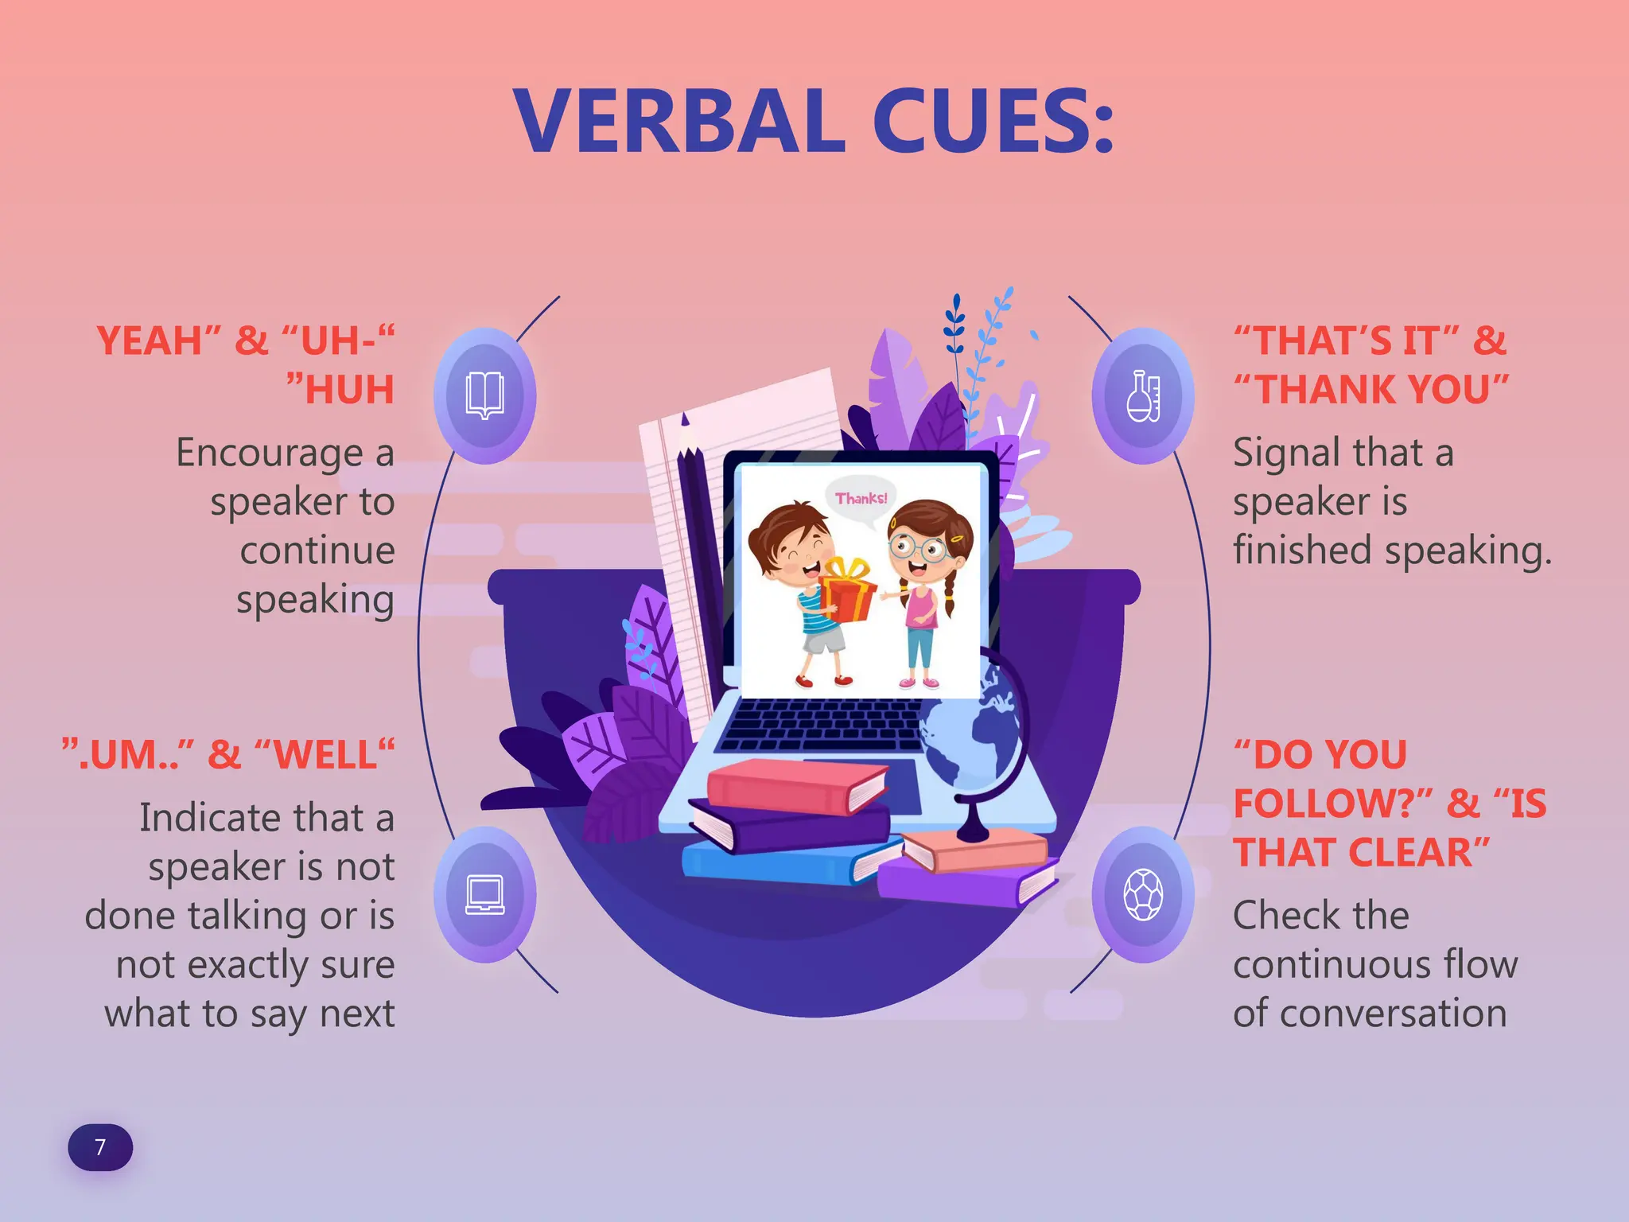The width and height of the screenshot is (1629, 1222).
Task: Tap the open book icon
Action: (x=484, y=395)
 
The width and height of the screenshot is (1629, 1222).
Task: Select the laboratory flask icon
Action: (x=1143, y=395)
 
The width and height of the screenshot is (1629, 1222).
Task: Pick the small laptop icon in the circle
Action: (x=484, y=894)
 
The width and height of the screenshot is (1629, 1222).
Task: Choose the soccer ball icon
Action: (x=1143, y=894)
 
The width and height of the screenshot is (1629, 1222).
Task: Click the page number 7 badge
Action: (x=100, y=1146)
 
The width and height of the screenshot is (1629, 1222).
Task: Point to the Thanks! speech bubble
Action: (x=861, y=499)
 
